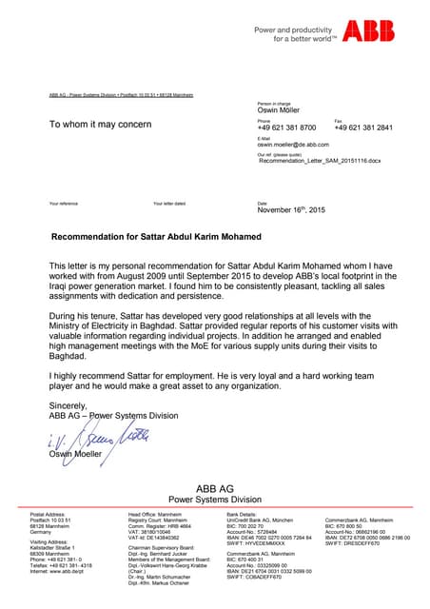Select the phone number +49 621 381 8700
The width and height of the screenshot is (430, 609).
pyautogui.click(x=287, y=128)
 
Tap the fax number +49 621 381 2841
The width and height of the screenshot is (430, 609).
pyautogui.click(x=363, y=128)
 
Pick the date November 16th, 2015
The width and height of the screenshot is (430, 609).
pyautogui.click(x=291, y=208)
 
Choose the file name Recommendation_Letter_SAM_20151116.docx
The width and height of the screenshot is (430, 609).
pyautogui.click(x=320, y=163)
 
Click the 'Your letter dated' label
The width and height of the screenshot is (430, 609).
pyautogui.click(x=168, y=204)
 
